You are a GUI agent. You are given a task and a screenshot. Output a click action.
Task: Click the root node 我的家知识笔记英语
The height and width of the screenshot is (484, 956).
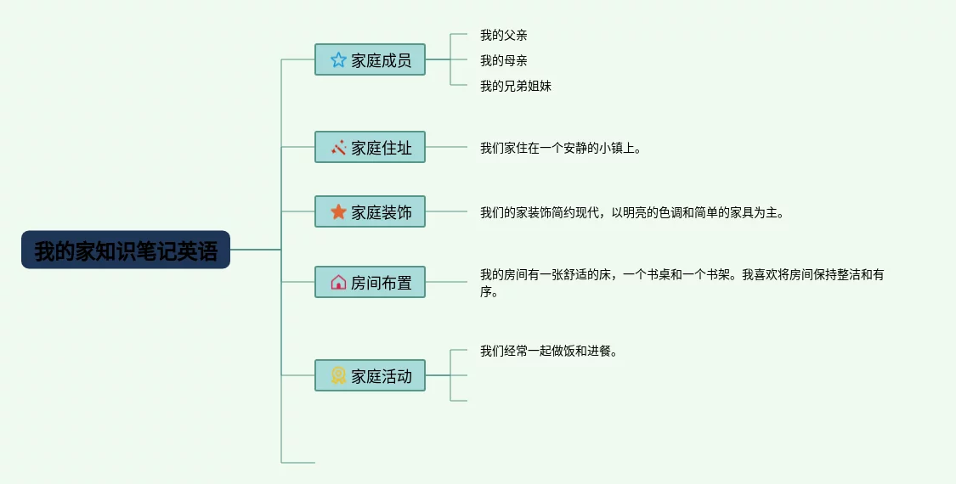[126, 250]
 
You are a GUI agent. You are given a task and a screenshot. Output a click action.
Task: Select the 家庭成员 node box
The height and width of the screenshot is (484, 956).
[370, 59]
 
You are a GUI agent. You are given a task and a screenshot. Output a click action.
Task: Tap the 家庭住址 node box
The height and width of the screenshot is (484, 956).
[370, 147]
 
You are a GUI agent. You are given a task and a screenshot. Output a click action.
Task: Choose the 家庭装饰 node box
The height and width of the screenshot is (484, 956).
[370, 211]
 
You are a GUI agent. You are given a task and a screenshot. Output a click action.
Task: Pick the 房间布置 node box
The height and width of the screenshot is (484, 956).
[370, 282]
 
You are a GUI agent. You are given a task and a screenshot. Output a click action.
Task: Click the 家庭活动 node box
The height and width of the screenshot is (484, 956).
[370, 375]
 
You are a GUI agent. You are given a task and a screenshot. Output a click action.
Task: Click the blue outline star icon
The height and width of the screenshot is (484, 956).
[338, 59]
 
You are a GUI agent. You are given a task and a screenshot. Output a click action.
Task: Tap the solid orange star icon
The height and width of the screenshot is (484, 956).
[338, 211]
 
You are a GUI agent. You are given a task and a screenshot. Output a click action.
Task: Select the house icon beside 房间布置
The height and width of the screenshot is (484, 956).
[338, 282]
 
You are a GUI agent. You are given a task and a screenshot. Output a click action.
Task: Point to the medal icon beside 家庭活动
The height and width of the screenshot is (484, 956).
[338, 375]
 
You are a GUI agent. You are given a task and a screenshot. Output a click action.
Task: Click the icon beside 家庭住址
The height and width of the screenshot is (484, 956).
[338, 147]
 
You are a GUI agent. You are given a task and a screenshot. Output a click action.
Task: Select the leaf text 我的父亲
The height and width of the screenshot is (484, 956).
[503, 35]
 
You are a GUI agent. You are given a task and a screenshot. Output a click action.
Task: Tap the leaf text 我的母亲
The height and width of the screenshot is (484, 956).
[503, 60]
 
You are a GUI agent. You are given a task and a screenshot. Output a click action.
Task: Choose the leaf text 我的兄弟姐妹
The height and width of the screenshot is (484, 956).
[515, 86]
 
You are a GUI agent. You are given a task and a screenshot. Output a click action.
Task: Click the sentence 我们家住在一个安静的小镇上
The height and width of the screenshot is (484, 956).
[560, 148]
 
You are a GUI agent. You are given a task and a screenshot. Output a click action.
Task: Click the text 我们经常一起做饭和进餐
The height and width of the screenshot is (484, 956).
[548, 351]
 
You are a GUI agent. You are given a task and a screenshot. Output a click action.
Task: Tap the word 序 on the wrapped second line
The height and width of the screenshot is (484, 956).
[486, 292]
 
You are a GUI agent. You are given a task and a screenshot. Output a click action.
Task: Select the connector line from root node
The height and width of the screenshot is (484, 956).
[255, 250]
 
